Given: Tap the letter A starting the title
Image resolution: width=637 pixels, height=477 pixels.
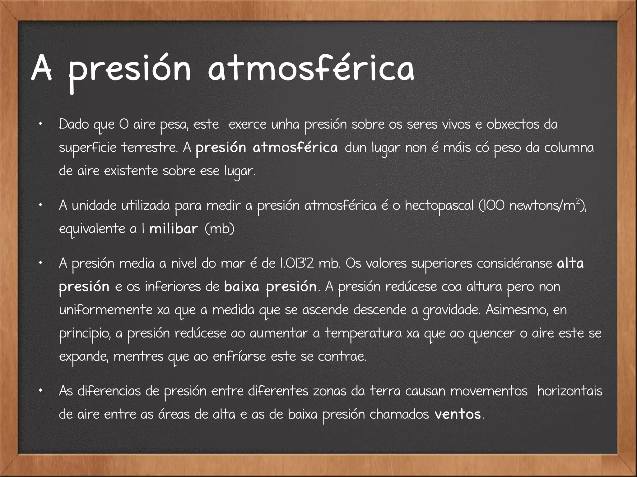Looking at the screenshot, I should (41, 69).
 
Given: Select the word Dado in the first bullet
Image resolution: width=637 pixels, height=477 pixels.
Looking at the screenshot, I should (73, 125).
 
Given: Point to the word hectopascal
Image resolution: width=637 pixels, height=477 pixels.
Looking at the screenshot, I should (439, 206).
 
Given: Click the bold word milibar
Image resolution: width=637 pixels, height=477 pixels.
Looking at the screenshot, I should (174, 229).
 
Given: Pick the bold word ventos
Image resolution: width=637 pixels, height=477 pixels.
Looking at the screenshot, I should (458, 414).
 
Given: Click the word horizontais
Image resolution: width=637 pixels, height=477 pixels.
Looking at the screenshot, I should (570, 391).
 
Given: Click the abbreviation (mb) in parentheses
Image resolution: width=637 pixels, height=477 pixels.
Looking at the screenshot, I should (220, 229).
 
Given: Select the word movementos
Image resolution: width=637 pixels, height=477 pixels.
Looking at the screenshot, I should (489, 391).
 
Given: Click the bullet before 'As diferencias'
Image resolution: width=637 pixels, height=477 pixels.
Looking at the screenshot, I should (40, 392).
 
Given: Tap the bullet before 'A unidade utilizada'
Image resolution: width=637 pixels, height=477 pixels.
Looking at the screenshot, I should (40, 206).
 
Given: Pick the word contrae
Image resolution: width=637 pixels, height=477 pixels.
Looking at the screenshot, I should (342, 356).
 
